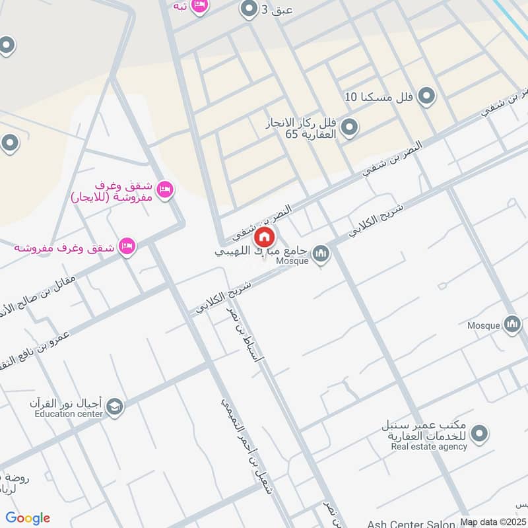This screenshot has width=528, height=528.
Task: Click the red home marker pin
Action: (264, 236)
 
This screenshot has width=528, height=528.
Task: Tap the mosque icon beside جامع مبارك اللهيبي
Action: (321, 253)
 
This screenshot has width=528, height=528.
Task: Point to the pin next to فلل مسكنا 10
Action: (427, 96)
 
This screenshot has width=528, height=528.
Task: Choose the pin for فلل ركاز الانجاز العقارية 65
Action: (350, 126)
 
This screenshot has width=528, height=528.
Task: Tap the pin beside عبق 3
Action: (249, 9)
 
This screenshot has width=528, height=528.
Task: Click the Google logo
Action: (28, 518)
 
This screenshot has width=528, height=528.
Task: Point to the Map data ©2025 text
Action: (492, 521)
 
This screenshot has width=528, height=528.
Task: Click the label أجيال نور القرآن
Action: (66, 403)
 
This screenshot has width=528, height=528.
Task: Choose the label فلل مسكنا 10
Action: (379, 97)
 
